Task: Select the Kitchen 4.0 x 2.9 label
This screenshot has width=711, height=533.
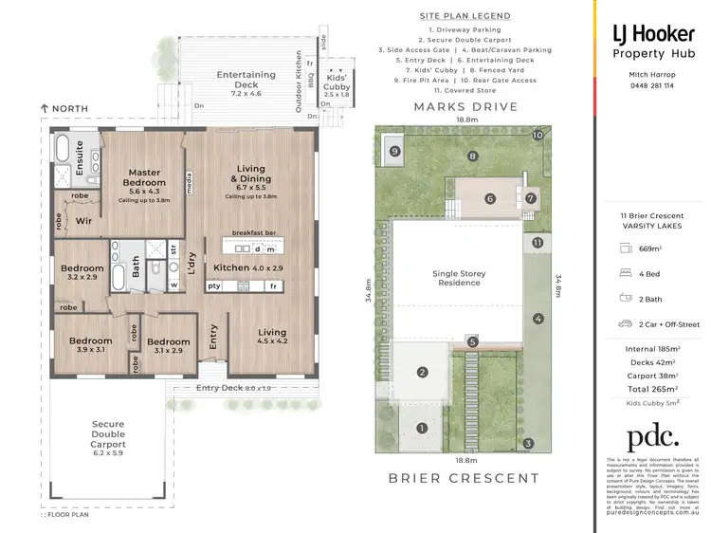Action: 247,268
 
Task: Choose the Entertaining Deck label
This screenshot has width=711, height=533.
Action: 246,80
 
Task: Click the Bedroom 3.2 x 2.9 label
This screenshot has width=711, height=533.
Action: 82,273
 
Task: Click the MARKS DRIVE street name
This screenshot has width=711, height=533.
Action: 465,107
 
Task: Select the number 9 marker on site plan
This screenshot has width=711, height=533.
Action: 394,150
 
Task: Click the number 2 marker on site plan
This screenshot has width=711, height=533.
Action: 421,372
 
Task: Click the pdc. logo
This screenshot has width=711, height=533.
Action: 653,436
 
